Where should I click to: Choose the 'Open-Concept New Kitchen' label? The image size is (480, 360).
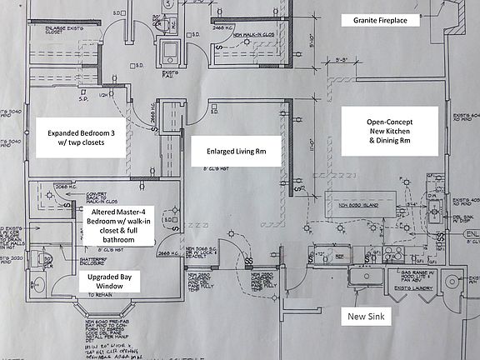click(x=390, y=131)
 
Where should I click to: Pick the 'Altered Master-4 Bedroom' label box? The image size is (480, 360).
click(x=121, y=227)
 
